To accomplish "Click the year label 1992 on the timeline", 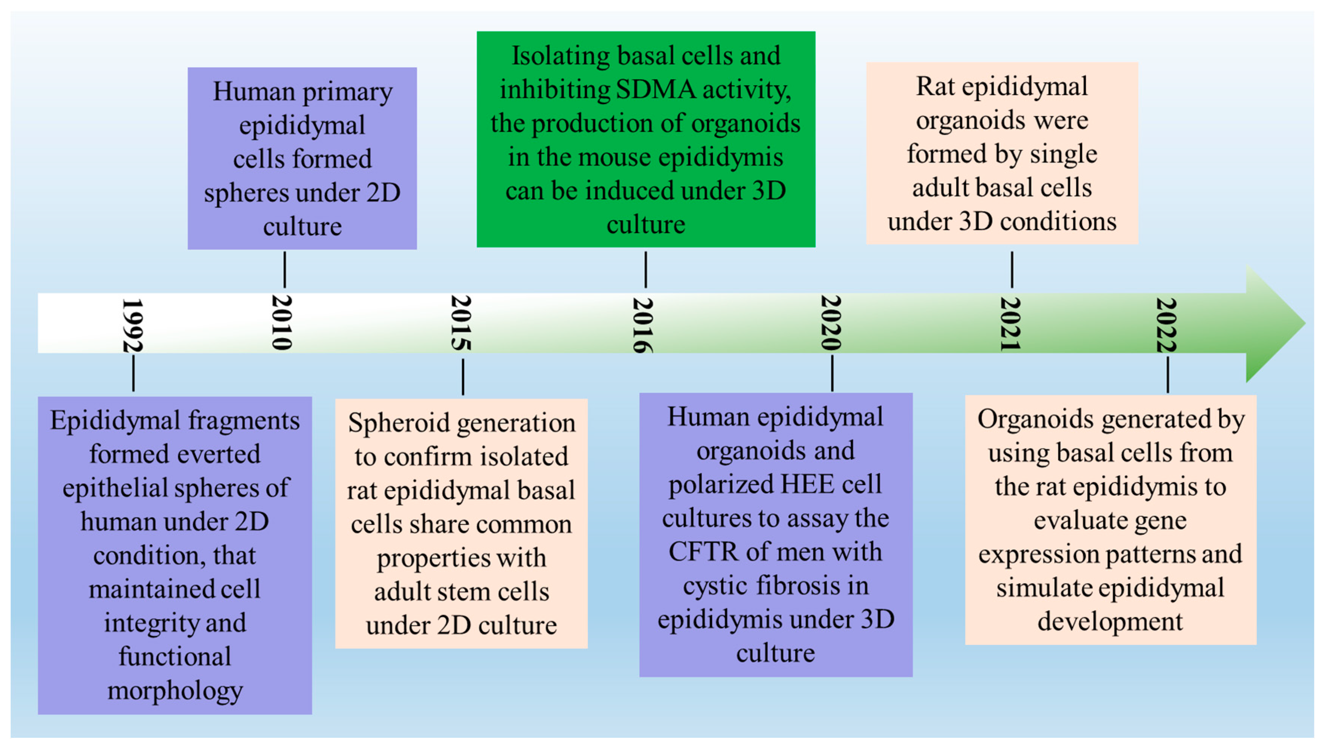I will (132, 325).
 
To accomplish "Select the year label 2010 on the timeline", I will (282, 322).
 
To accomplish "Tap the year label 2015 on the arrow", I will (461, 323).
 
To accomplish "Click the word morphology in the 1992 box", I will (175, 691).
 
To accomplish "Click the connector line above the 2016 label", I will (645, 270).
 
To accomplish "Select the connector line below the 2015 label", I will (463, 377).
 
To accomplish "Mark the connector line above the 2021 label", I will (1012, 270).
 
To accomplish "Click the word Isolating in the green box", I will (560, 56).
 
